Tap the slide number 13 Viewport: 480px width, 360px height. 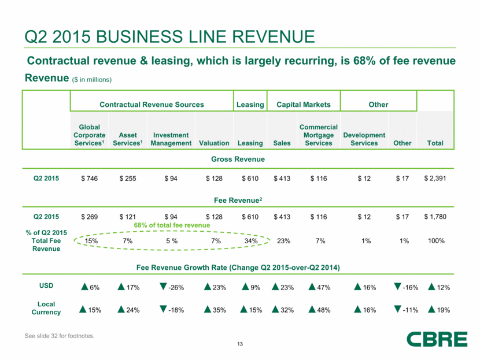click(x=239, y=345)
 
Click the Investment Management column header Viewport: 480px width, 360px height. click(x=172, y=139)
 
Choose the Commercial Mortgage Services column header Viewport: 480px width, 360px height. click(x=319, y=135)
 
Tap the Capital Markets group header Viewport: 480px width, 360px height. click(x=304, y=105)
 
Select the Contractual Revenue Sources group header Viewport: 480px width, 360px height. click(x=152, y=105)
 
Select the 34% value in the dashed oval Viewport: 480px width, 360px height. click(x=250, y=241)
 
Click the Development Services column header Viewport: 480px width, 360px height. click(x=364, y=139)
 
